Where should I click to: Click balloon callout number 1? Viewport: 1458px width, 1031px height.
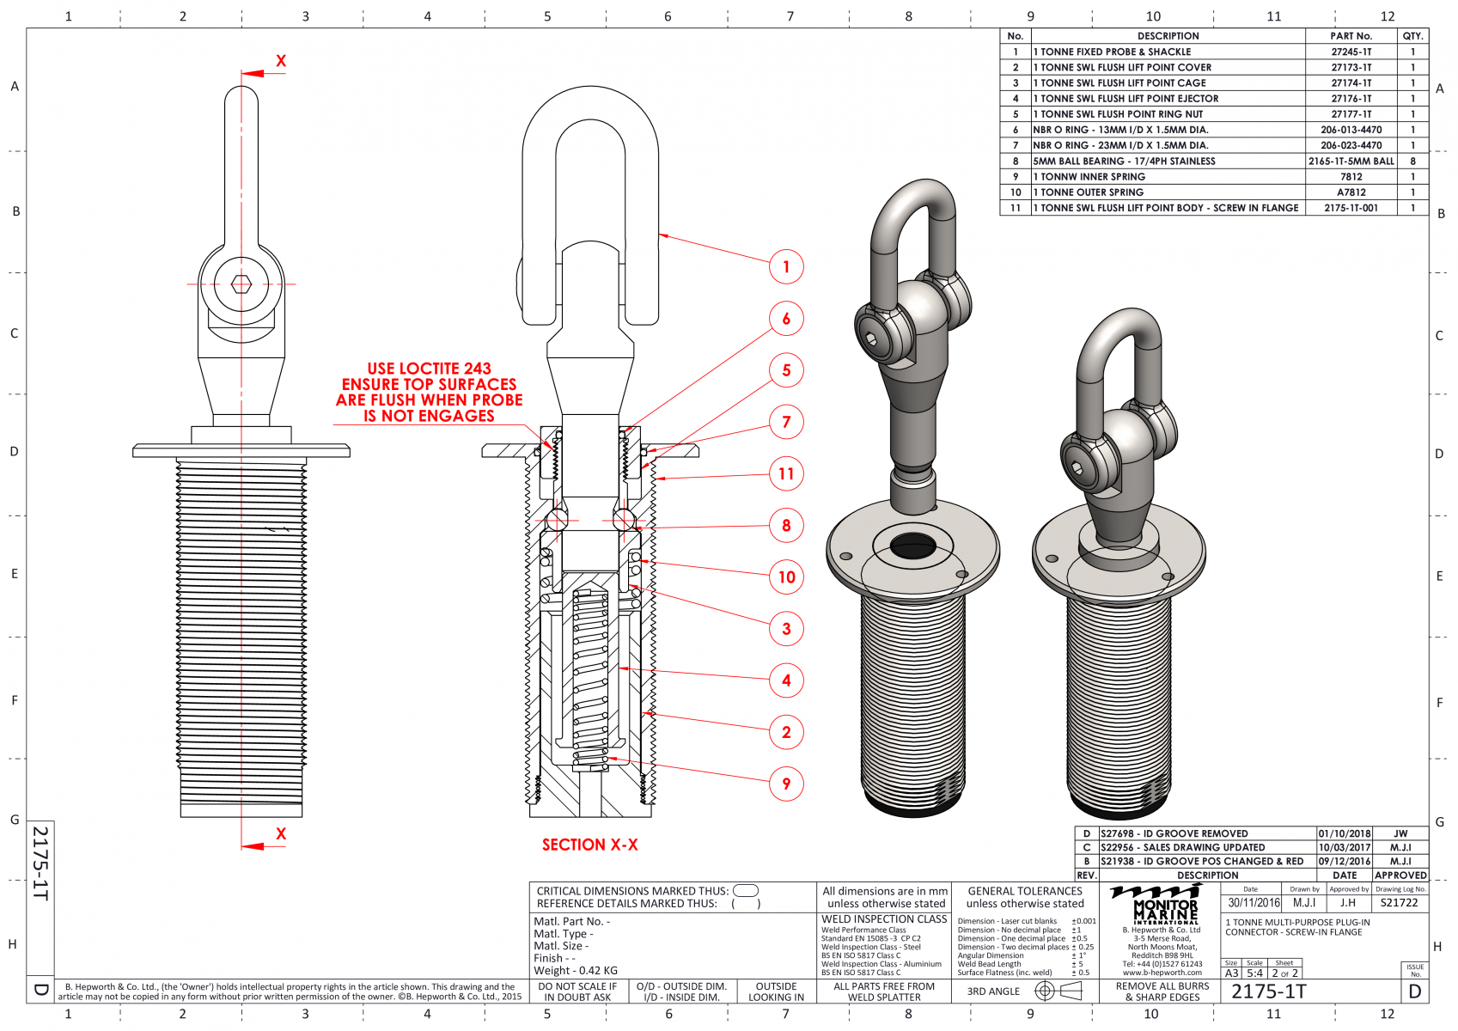786,266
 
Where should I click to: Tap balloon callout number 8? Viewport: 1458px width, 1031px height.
786,526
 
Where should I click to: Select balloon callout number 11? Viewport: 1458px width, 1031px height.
786,473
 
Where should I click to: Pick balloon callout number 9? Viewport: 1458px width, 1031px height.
786,784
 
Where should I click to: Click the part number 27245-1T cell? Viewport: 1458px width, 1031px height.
1351,52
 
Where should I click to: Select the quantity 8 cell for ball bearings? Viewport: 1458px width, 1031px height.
1412,162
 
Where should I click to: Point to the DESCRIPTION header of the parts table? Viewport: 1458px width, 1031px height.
1168,36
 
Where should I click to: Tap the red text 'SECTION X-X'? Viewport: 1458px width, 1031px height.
589,845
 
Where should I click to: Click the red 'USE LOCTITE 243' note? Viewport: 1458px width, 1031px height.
429,369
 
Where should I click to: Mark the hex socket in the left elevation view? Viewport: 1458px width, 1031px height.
241,284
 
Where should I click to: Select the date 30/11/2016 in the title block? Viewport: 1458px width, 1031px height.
1254,903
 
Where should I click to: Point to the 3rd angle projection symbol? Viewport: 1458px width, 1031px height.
1058,991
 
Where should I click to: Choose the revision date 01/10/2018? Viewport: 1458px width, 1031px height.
1345,833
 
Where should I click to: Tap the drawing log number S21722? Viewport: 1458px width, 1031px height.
1400,903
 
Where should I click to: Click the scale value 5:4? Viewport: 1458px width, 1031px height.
1254,973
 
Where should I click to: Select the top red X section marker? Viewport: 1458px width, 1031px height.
280,61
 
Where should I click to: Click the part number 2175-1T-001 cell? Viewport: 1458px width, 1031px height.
1351,208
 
